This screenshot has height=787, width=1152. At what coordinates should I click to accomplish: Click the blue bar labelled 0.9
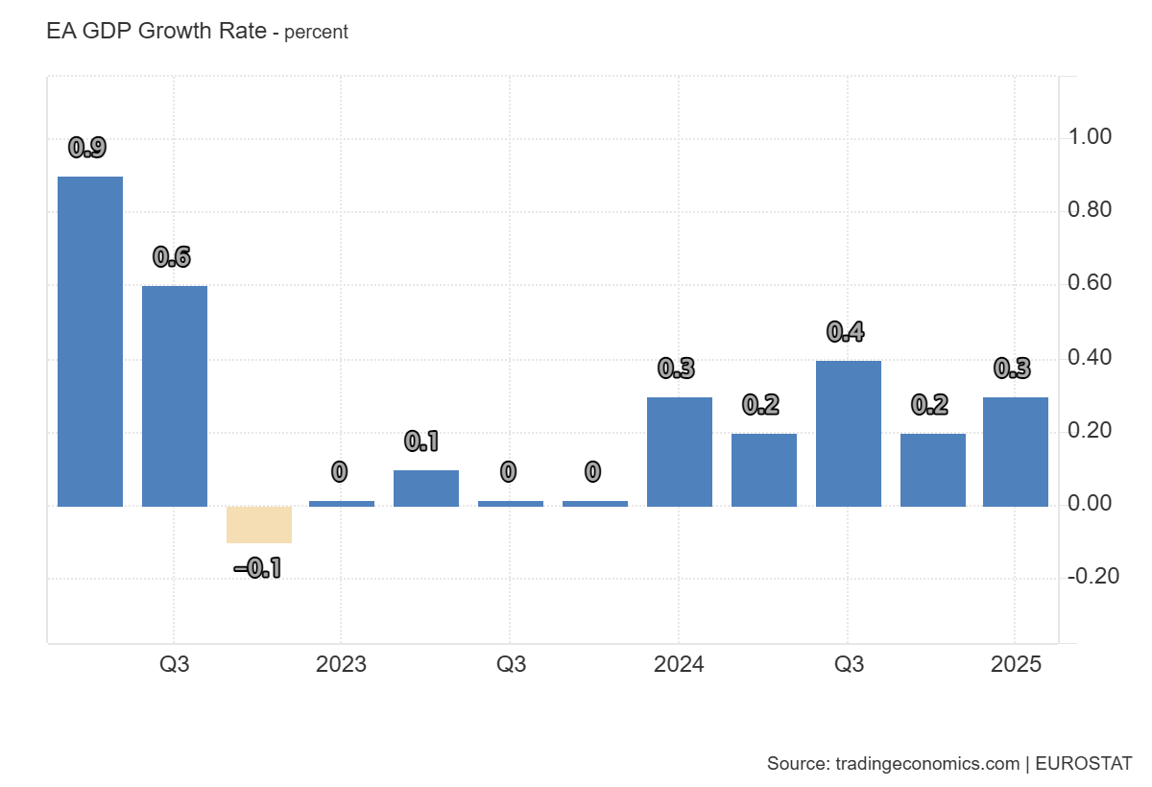(90, 342)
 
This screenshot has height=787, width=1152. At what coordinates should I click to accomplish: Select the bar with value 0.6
(175, 395)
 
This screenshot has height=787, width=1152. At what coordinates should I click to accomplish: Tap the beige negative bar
(259, 524)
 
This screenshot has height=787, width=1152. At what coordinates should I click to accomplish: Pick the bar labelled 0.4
(849, 434)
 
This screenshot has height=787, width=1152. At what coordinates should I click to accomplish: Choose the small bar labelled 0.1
(426, 488)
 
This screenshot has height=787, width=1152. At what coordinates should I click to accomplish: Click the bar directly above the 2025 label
(1016, 451)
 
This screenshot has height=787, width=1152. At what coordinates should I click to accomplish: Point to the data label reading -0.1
(258, 568)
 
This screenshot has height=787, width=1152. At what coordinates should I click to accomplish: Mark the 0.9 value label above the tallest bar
(87, 148)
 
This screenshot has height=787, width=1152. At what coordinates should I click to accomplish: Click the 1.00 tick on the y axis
(1090, 137)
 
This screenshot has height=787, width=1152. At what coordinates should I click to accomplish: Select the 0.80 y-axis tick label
(1090, 210)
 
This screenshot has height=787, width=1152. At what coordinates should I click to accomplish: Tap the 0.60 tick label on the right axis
(1090, 283)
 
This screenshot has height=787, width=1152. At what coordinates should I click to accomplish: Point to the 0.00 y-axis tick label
(1090, 503)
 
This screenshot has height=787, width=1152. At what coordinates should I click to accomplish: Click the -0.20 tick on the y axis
(1092, 576)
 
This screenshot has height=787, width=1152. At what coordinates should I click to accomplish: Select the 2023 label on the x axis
(341, 664)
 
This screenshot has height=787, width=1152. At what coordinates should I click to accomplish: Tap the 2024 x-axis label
(679, 664)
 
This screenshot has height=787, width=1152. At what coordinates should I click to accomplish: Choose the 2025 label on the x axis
(1016, 664)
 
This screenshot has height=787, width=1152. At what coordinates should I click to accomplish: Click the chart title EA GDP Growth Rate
(156, 31)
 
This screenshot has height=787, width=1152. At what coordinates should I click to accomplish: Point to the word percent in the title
(317, 33)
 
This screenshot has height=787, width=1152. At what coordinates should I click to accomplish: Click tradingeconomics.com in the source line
(927, 764)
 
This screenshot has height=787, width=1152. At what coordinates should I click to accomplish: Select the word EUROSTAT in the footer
(1085, 764)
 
